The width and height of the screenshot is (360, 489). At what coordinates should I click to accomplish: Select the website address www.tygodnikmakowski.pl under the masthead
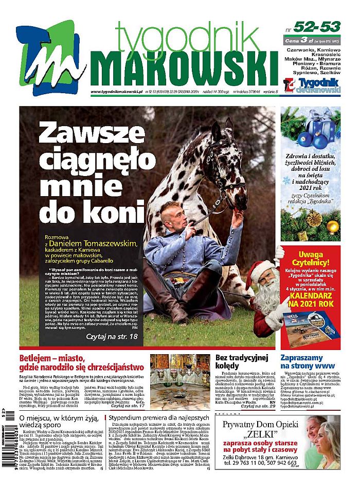click(116, 92)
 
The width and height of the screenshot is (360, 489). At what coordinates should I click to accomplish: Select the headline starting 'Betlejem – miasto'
click(82, 363)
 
